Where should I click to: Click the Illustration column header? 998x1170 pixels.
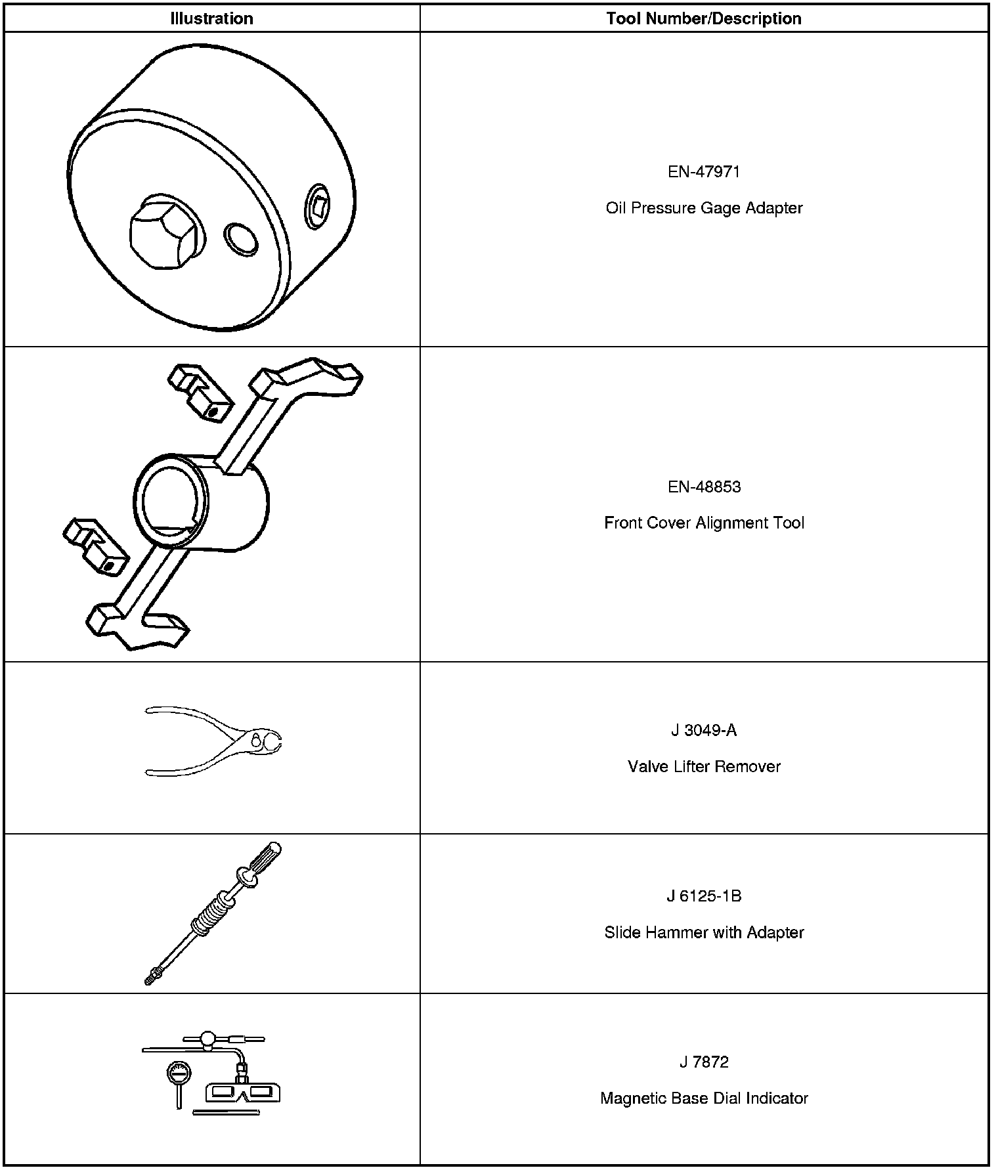211,18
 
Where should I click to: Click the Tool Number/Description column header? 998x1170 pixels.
703,18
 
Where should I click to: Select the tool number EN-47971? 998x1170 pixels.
704,172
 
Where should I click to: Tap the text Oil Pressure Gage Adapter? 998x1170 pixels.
704,208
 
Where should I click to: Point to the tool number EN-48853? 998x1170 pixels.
704,487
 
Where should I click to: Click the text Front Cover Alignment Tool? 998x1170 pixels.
704,523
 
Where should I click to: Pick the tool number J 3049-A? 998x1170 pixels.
704,731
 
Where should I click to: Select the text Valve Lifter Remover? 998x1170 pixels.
704,767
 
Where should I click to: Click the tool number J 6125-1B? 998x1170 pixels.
704,896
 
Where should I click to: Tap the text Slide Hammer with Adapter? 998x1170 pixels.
704,932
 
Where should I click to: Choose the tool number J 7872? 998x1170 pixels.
704,1062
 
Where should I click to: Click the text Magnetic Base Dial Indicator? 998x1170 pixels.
704,1098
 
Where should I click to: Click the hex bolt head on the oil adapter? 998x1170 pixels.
164,233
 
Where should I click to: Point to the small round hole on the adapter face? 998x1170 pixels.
241,240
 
